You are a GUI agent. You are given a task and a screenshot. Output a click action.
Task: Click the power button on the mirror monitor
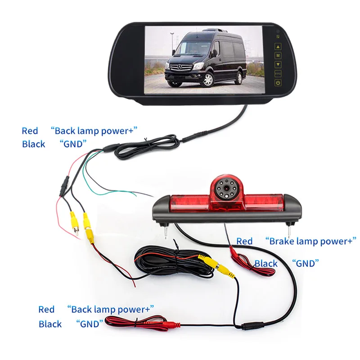point(278,83)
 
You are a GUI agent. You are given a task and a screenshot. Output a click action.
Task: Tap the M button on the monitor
point(278,55)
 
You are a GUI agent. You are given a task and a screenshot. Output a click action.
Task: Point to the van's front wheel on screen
point(208,80)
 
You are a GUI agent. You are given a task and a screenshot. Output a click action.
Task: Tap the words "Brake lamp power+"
point(311,241)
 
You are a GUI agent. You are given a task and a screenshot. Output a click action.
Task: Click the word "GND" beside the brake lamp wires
point(306,263)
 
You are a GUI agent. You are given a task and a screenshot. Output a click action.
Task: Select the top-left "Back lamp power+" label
point(94,131)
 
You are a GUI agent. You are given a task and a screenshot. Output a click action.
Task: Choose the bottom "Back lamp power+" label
point(110,309)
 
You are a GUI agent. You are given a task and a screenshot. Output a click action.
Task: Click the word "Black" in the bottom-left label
point(50,324)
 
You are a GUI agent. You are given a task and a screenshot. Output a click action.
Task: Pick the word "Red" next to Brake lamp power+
point(244,241)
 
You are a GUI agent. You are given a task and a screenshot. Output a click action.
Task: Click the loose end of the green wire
point(135,195)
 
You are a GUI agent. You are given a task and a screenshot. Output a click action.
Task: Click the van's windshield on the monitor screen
point(191,48)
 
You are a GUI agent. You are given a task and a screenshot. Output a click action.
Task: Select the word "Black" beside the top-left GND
point(33,144)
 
